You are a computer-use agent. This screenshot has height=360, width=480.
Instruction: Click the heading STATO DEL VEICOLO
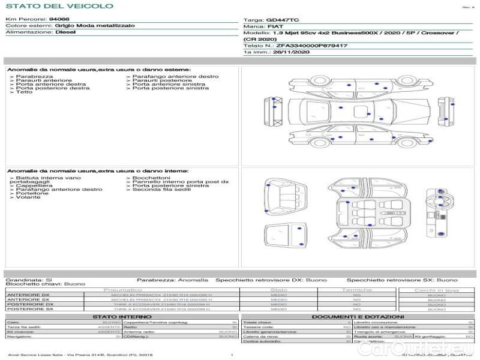coord(59,6)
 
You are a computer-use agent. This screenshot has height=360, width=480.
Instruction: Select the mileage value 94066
coord(59,20)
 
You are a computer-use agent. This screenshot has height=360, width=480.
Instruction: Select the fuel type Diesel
coord(65,32)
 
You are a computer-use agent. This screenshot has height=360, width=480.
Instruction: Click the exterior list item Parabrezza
coord(34,77)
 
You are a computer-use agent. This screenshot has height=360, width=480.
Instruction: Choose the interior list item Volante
coord(28,197)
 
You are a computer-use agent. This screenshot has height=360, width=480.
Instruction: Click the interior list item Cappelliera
coord(34,185)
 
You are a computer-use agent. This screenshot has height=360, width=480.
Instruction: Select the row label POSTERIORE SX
coord(29,310)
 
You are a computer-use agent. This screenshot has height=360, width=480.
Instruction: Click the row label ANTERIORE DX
coord(28,295)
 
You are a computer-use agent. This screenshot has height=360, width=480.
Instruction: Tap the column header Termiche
coord(357,290)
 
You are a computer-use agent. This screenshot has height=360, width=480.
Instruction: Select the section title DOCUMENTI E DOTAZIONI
coord(358,316)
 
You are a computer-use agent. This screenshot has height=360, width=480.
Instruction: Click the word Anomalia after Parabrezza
coord(193,280)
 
